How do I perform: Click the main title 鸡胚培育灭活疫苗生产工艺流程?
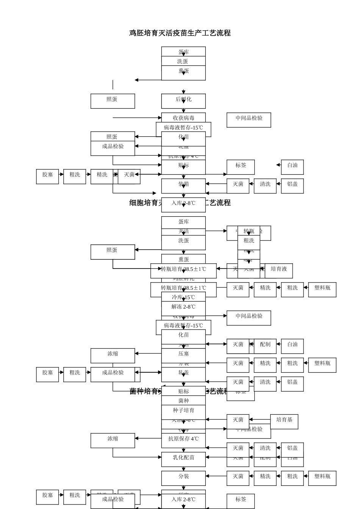180,33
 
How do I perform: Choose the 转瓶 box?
249,231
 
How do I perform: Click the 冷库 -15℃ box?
183,297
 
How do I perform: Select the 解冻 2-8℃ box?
183,307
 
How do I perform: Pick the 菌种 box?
183,401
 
